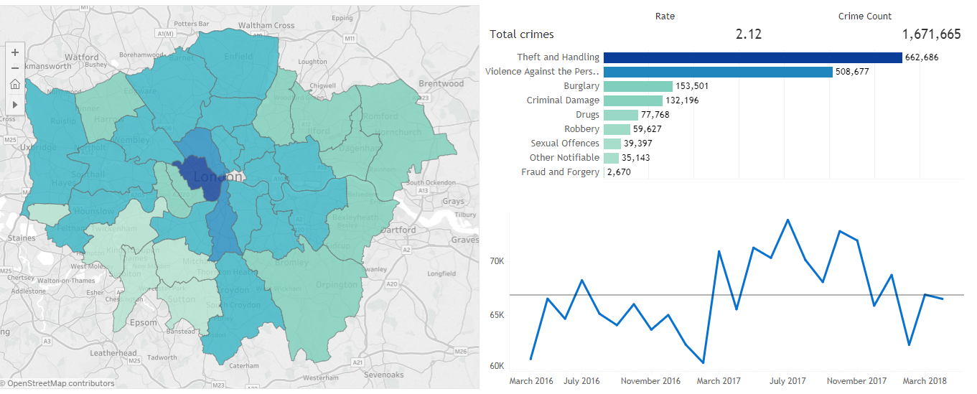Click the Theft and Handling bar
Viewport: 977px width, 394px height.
click(752, 57)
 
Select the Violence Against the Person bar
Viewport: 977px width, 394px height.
click(718, 72)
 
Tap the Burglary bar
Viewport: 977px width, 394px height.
click(637, 86)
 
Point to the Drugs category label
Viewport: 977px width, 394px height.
click(587, 115)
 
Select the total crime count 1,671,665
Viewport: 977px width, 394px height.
click(931, 34)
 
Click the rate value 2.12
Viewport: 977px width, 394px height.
click(749, 34)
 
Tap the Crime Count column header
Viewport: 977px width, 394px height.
click(864, 17)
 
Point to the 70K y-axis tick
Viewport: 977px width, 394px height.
click(496, 261)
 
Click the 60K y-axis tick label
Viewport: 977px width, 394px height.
click(496, 366)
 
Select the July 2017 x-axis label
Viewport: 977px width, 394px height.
click(787, 381)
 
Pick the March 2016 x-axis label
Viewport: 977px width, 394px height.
click(531, 381)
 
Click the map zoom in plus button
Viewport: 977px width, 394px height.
click(15, 52)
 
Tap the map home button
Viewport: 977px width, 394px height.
click(15, 85)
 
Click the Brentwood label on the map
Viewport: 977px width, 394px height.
click(441, 83)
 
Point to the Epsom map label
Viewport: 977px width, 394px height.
click(144, 322)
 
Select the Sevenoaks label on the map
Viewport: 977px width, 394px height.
click(384, 375)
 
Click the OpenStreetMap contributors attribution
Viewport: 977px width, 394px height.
click(61, 383)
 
